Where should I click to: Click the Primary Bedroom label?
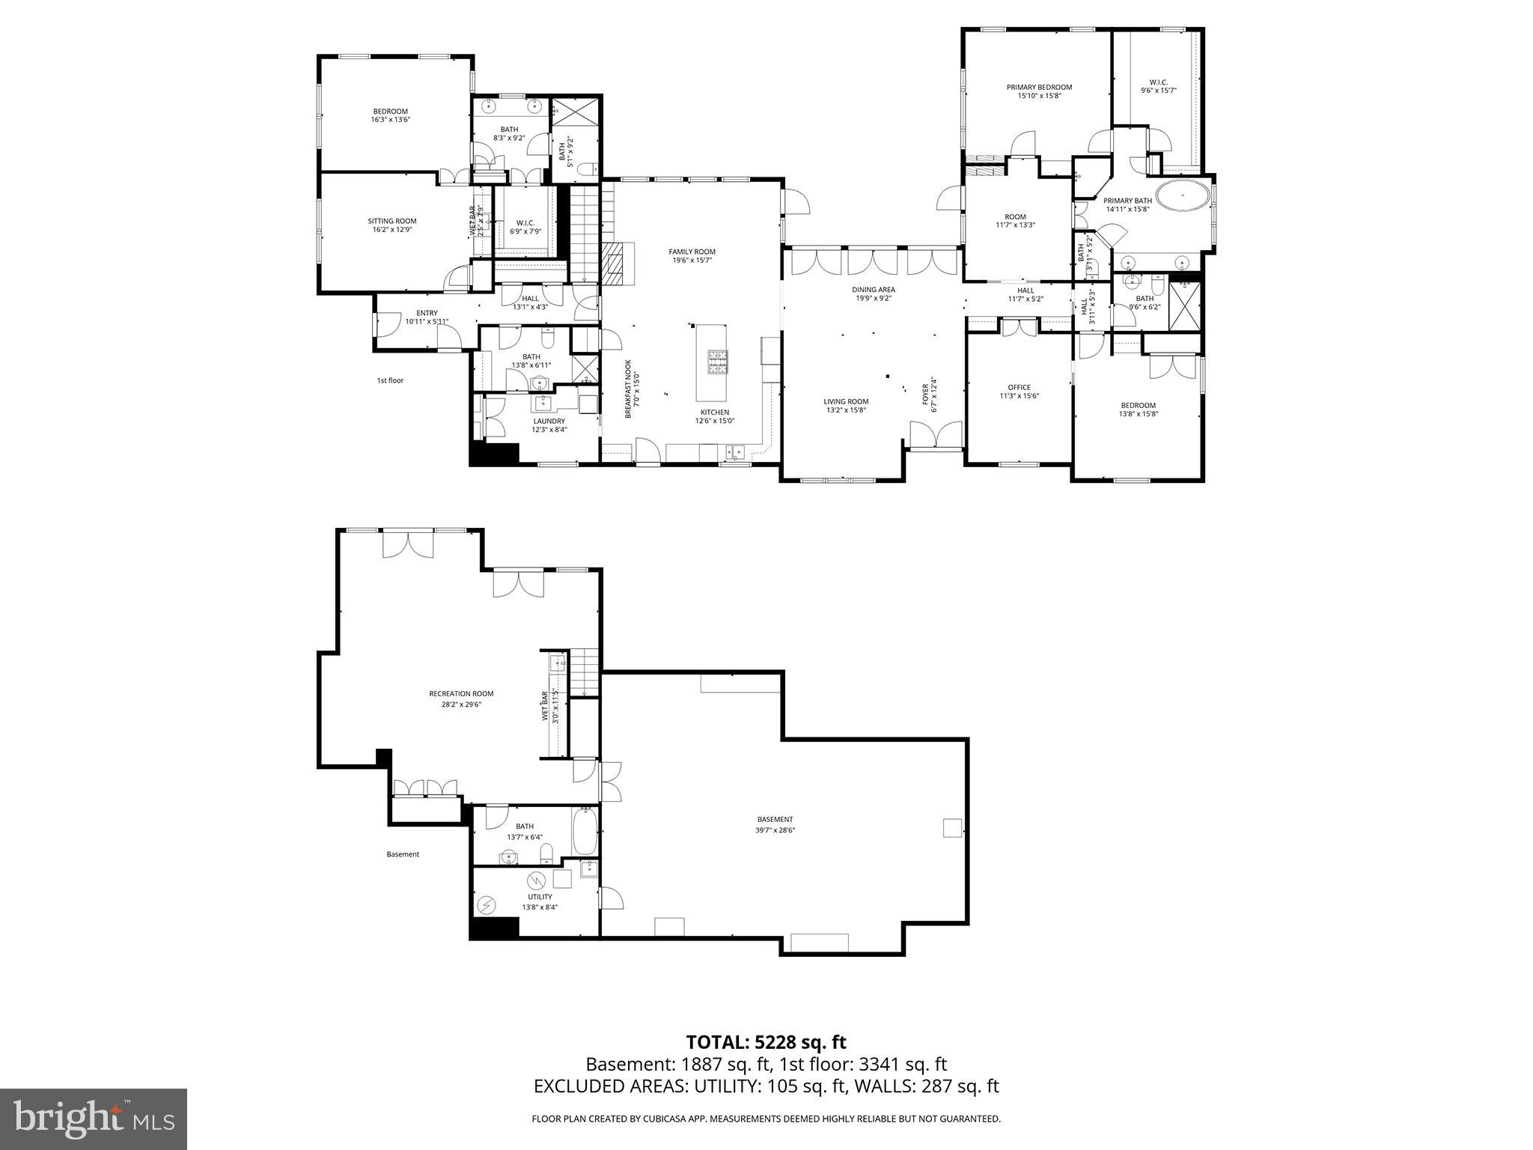click(x=1039, y=87)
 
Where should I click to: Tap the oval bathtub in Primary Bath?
click(x=1183, y=197)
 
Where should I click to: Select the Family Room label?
click(x=692, y=252)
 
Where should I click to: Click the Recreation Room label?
click(x=461, y=693)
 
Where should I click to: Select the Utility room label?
click(x=540, y=896)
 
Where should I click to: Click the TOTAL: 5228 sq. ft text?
click(x=766, y=1042)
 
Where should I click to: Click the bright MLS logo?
click(x=94, y=1119)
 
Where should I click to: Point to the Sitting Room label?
click(x=391, y=221)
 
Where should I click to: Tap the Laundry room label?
click(x=549, y=421)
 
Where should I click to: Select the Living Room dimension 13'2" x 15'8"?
click(x=847, y=410)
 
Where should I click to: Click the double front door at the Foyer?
click(x=935, y=435)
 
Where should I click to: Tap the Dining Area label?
click(x=873, y=289)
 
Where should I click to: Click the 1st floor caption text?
click(x=390, y=380)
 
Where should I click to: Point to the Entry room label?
click(x=427, y=313)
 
